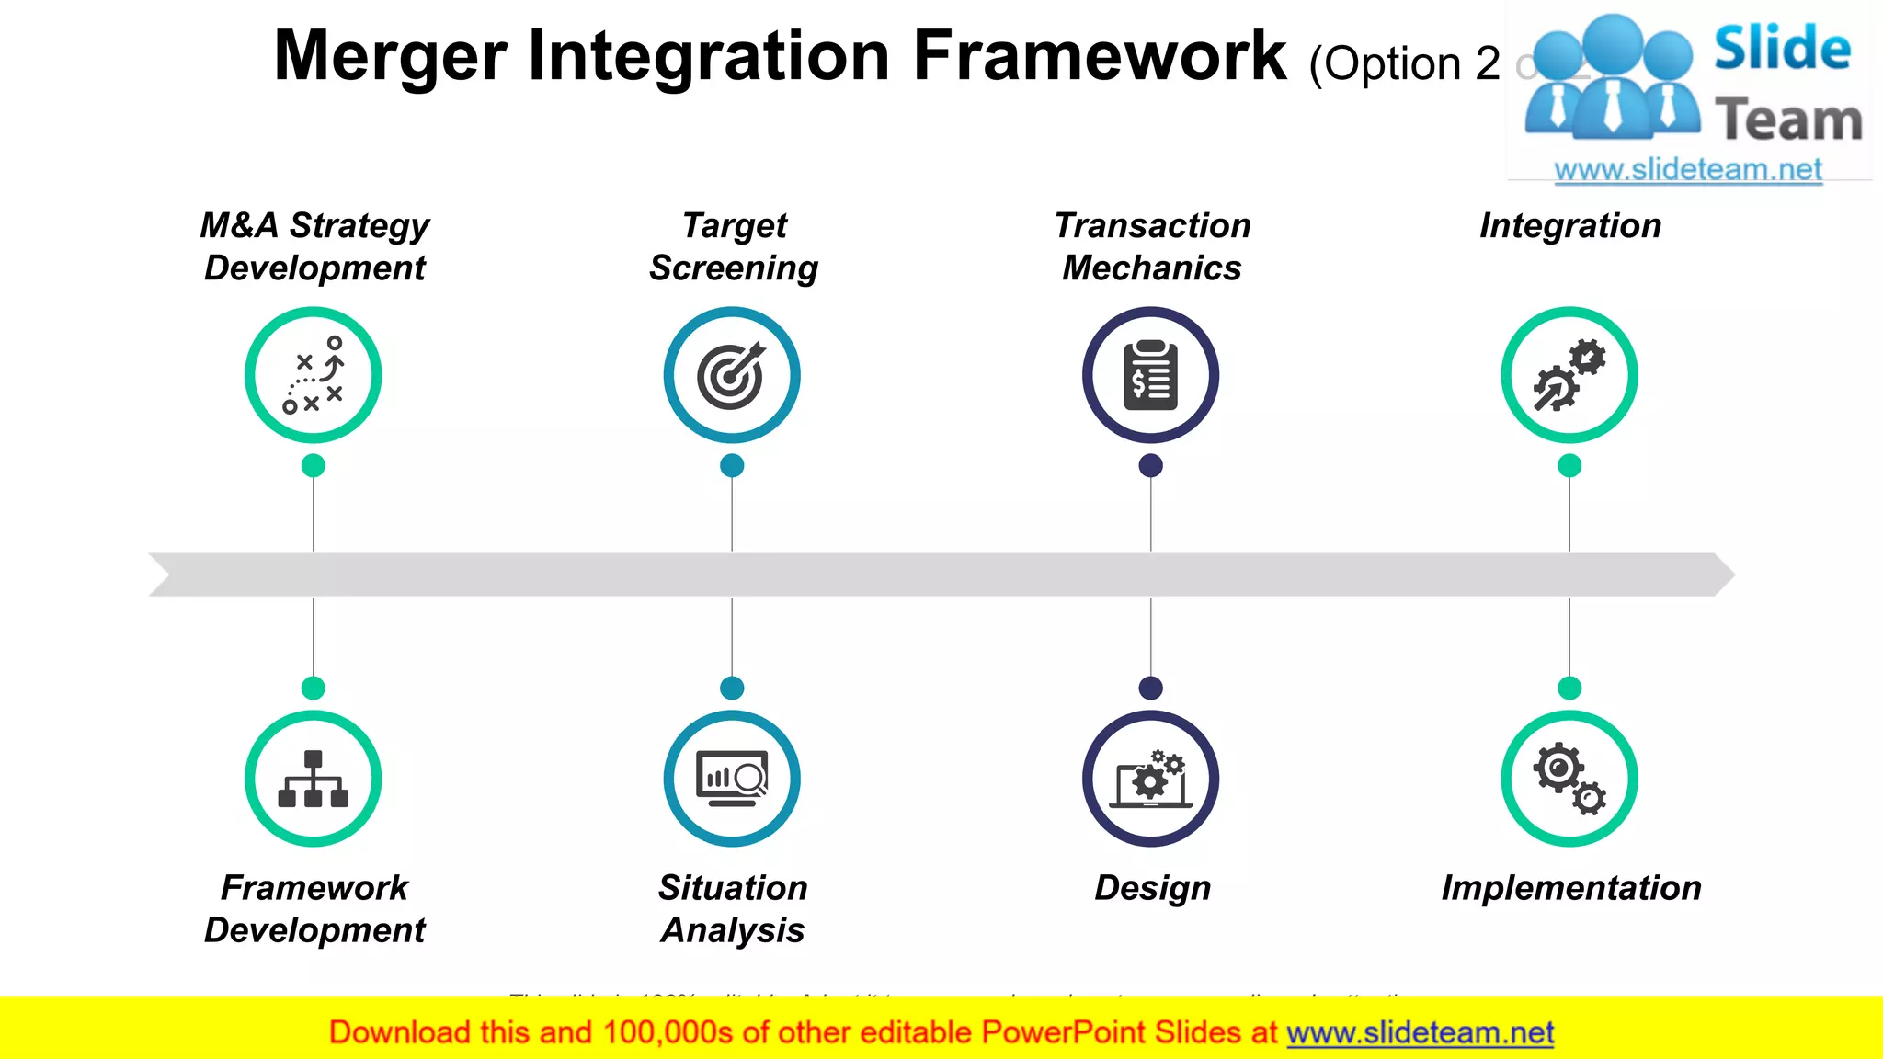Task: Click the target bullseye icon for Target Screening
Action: point(731,375)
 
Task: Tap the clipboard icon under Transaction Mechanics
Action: point(1150,375)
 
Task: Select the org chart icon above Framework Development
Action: point(313,779)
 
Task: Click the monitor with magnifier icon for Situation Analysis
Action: point(732,779)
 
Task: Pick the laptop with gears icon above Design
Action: point(1150,781)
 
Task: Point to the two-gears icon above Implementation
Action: point(1569,779)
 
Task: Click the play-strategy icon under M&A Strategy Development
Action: point(313,375)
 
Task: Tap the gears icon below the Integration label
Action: point(1569,375)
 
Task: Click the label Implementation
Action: point(1570,887)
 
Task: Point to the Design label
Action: point(1152,887)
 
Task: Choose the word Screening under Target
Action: point(733,268)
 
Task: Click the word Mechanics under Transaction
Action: point(1151,268)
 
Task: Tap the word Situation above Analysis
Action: point(732,887)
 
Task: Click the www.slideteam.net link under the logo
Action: point(1687,169)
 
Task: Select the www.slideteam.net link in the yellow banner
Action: point(1420,1032)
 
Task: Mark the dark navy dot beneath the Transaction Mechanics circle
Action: point(1150,465)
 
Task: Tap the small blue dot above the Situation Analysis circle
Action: point(732,688)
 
